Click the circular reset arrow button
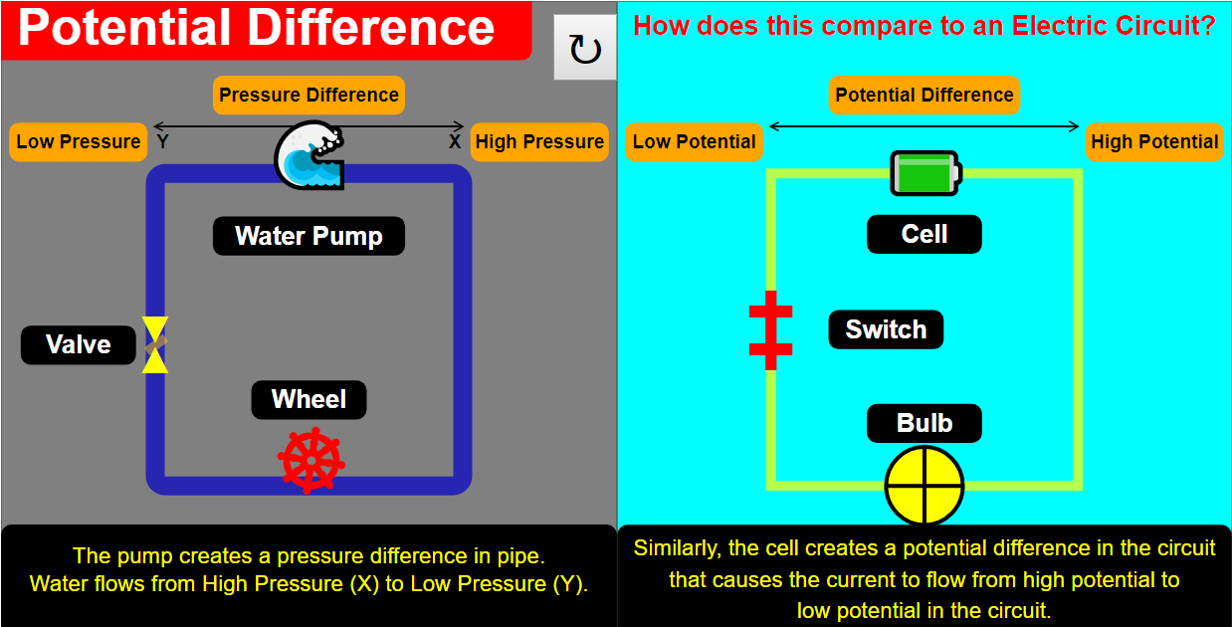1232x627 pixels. click(x=585, y=49)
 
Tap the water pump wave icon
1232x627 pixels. click(x=308, y=155)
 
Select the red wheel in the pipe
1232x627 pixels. click(x=310, y=461)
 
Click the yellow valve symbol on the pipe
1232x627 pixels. click(x=155, y=344)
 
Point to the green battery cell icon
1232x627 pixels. click(x=924, y=173)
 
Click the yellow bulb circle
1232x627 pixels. click(x=924, y=486)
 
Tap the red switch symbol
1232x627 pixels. click(x=770, y=330)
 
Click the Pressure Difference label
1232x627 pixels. click(x=308, y=96)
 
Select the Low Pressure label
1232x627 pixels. click(x=79, y=141)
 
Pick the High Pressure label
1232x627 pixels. click(x=539, y=141)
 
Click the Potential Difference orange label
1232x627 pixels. click(x=924, y=96)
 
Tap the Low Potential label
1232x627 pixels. click(x=694, y=141)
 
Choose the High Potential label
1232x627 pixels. click(x=1154, y=141)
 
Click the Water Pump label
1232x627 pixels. click(x=308, y=236)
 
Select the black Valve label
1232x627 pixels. click(x=79, y=344)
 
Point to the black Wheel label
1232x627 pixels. click(x=308, y=399)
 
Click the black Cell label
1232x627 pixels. click(x=924, y=234)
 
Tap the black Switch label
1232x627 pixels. click(x=886, y=329)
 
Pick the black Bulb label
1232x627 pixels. click(x=924, y=423)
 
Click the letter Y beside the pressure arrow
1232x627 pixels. click(x=162, y=141)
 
